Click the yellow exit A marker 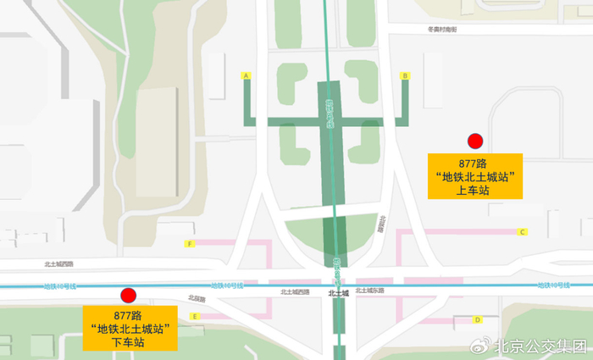(x=247, y=75)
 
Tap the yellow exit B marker (x=406, y=75)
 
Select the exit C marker (x=523, y=231)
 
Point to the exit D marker (x=478, y=319)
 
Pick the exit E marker (x=195, y=317)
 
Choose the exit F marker (x=191, y=244)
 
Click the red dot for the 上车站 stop (x=475, y=141)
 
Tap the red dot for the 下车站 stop (x=128, y=295)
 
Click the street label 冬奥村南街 (x=442, y=30)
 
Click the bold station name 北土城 (x=338, y=293)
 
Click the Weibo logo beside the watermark (x=480, y=346)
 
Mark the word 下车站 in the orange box (x=129, y=343)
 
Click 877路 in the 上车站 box (x=474, y=163)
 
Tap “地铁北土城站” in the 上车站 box (x=474, y=176)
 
